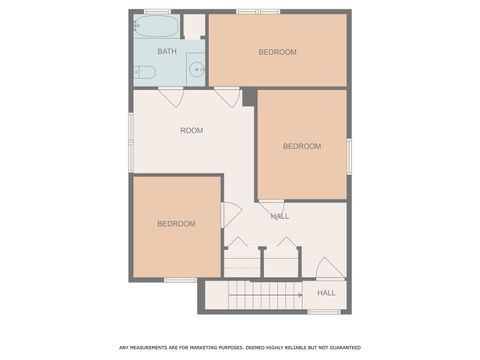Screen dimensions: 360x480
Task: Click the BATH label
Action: point(167,51)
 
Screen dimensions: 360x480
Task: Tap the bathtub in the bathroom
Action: point(157,26)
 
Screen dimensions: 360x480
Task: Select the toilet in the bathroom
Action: point(145,72)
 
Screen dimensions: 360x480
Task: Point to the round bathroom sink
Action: point(196,70)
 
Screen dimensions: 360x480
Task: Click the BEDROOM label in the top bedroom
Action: point(277,52)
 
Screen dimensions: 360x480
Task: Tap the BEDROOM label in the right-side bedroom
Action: point(302,146)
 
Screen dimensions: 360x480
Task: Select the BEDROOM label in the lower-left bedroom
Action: point(176,224)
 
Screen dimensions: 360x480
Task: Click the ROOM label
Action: point(192,131)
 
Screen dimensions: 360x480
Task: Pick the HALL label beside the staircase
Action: point(326,293)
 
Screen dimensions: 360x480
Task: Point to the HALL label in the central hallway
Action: point(280,216)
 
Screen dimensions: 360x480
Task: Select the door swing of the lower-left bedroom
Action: point(230,214)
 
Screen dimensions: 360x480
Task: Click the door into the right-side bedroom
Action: point(272,207)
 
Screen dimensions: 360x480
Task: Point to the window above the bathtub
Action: point(158,11)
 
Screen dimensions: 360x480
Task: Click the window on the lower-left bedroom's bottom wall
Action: point(180,280)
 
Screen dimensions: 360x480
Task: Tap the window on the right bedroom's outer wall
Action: point(349,154)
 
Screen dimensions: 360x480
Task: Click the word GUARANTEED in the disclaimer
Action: point(340,348)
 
